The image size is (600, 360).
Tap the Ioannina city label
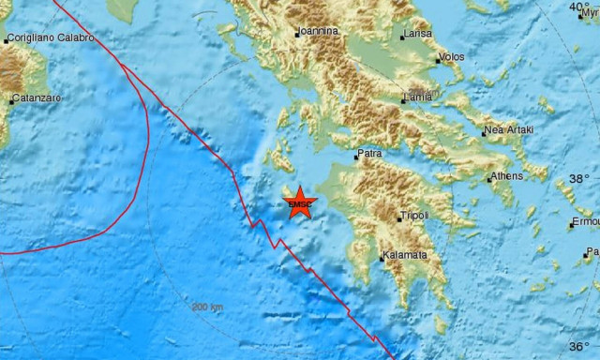[319, 31]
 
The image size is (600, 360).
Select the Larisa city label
[417, 36]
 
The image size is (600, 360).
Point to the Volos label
[452, 57]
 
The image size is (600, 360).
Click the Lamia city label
[419, 97]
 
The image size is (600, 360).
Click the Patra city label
[368, 157]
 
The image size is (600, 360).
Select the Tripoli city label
[413, 216]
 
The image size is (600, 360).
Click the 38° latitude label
[579, 178]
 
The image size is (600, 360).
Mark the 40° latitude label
[579, 7]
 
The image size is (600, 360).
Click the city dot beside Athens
[491, 176]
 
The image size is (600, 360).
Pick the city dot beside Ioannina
[297, 34]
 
